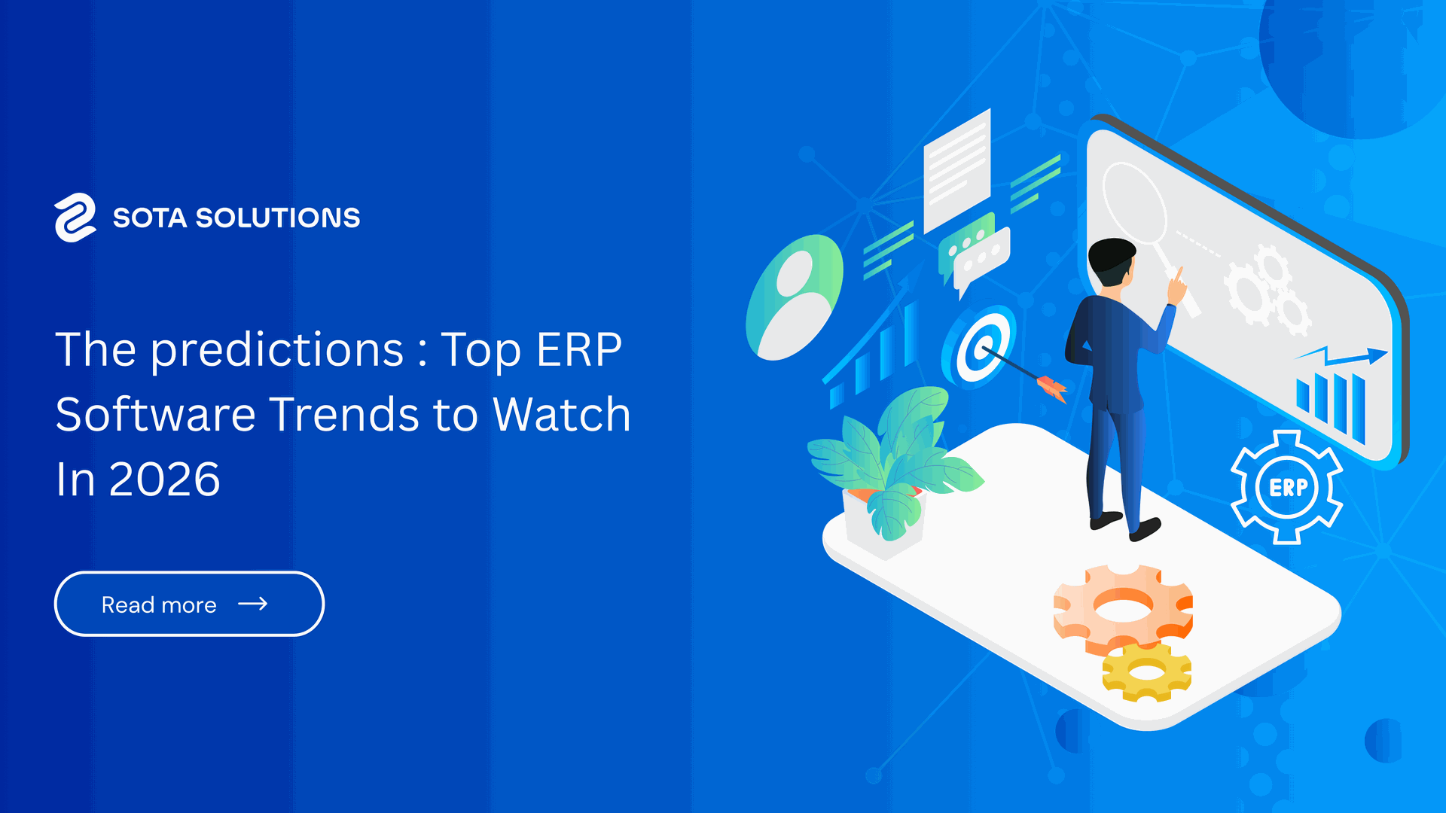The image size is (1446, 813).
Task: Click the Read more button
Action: click(189, 604)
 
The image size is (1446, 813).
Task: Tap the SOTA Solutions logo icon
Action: click(75, 218)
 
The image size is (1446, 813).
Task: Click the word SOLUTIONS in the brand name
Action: click(278, 218)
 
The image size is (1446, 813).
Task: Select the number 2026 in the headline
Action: click(164, 480)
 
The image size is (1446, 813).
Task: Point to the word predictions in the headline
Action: click(278, 351)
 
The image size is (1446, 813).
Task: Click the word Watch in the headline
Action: click(561, 414)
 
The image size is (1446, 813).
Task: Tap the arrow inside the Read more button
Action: click(253, 604)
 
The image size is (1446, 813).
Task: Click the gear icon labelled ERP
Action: click(1287, 487)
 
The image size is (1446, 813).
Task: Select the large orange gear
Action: click(1122, 607)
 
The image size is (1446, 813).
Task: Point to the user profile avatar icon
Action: click(795, 297)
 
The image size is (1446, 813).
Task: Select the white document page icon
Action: click(957, 171)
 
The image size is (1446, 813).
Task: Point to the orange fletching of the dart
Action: click(1053, 388)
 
